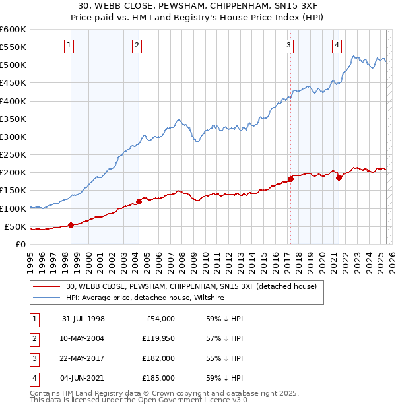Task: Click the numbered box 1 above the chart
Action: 70,46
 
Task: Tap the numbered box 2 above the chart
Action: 137,46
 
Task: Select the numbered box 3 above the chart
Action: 289,46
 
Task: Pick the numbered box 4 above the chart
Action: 337,46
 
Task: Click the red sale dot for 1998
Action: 71,225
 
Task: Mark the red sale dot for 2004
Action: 139,201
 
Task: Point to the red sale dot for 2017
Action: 290,179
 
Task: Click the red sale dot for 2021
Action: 339,177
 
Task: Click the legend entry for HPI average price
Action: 145,298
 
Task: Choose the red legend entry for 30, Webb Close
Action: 191,286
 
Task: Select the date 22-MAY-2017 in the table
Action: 82,358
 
